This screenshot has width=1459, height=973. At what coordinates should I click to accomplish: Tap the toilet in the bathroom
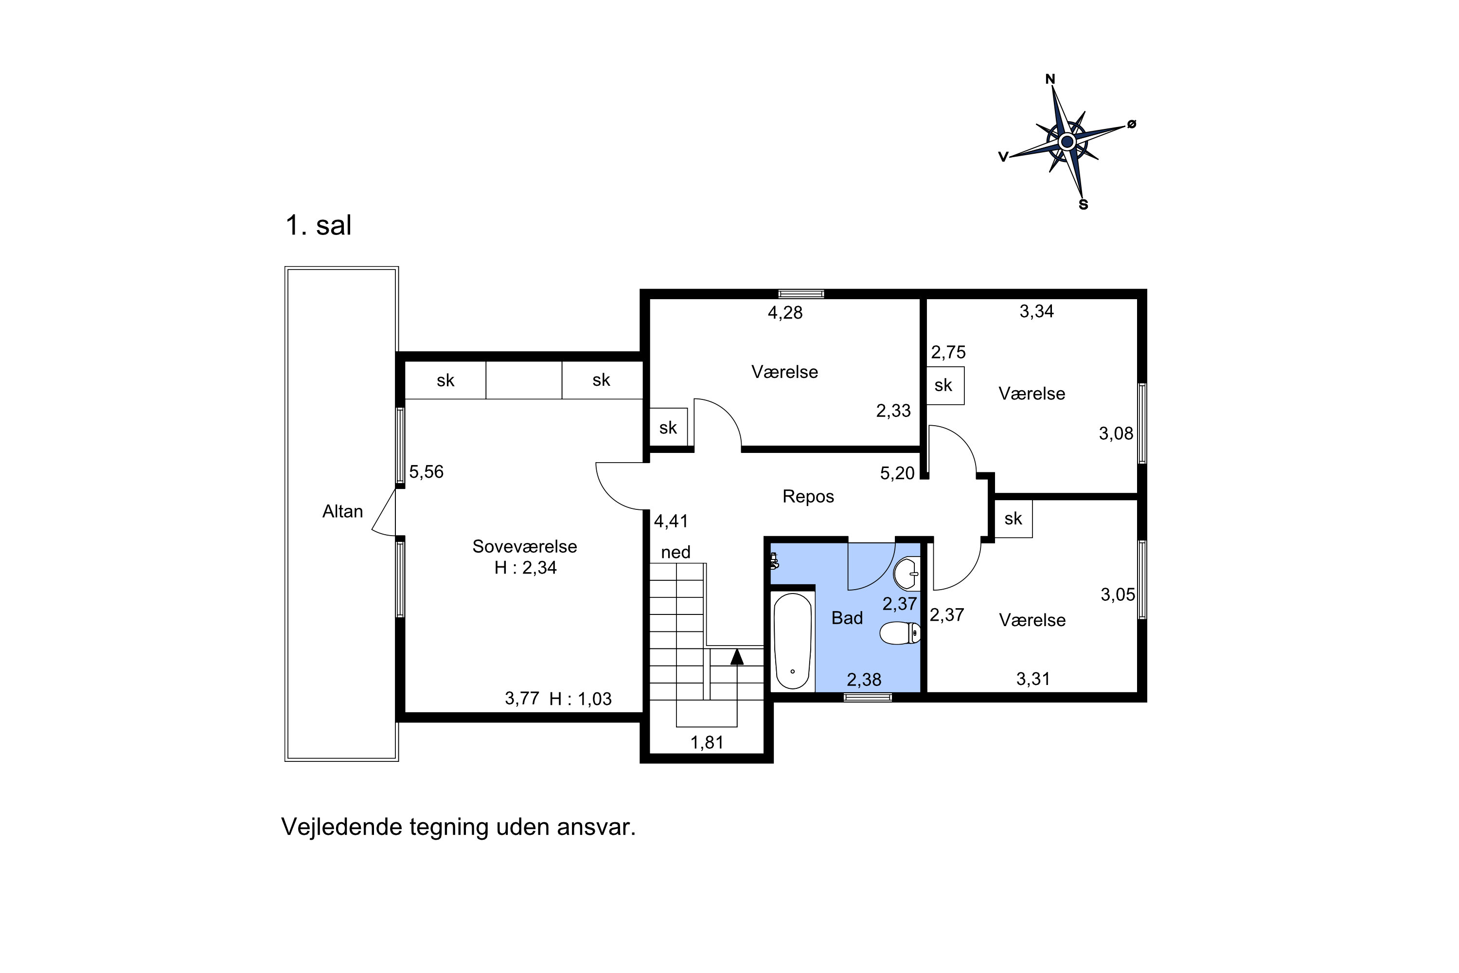900,633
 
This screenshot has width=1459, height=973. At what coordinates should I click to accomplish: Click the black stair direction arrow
736,656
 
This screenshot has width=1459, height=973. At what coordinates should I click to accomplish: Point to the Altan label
342,511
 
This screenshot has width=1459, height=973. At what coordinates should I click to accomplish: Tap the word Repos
808,496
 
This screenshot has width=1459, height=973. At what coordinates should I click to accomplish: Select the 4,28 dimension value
785,313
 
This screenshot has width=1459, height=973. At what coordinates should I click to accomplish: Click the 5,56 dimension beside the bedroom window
426,471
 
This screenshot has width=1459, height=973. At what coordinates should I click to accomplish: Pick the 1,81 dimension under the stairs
707,742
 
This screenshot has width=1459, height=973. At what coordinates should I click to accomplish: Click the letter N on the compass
1050,79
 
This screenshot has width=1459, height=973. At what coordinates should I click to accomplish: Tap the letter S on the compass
1083,205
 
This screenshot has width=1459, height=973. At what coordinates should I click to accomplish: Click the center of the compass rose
1067,142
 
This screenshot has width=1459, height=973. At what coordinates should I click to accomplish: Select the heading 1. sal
318,225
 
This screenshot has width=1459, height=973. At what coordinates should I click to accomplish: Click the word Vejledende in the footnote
342,827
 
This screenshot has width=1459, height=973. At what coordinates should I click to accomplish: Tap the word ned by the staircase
676,552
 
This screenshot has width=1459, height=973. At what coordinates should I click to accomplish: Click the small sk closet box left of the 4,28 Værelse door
668,427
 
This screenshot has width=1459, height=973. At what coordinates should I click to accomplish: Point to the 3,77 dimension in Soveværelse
522,698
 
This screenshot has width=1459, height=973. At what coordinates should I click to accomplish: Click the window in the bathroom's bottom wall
868,698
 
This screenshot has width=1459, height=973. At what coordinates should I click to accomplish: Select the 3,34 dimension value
1036,311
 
